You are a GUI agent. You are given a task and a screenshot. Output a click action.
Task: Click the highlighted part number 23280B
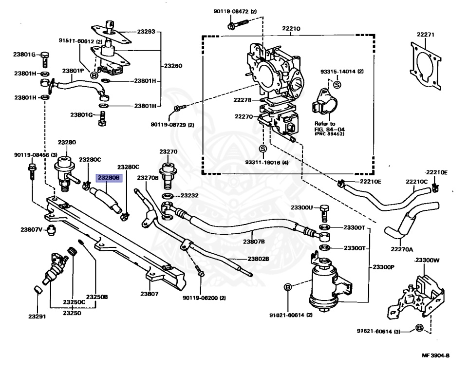click(x=109, y=178)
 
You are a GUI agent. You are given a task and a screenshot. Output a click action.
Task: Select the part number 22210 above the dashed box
click(x=291, y=29)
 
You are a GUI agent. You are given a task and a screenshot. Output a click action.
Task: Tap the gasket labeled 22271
click(x=425, y=65)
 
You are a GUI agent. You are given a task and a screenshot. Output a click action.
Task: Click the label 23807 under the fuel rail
click(x=149, y=294)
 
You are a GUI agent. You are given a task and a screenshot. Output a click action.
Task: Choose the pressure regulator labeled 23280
click(x=64, y=173)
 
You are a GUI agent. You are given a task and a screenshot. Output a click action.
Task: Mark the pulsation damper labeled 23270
click(x=168, y=176)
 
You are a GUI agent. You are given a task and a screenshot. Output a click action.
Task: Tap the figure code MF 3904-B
click(x=435, y=355)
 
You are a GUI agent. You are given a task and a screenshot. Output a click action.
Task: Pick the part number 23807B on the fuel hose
click(x=254, y=242)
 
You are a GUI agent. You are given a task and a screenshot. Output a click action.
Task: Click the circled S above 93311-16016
click(x=263, y=149)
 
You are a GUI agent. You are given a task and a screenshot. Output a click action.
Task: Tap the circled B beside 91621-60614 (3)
click(x=419, y=328)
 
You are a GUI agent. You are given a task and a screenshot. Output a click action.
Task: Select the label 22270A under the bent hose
click(x=402, y=249)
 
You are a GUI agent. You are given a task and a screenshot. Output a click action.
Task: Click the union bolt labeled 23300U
click(x=324, y=213)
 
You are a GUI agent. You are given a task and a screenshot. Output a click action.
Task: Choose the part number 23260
click(x=173, y=66)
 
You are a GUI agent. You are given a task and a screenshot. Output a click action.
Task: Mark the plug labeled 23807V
click(x=52, y=230)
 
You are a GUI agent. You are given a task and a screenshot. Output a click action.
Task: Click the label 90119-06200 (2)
click(x=205, y=298)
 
